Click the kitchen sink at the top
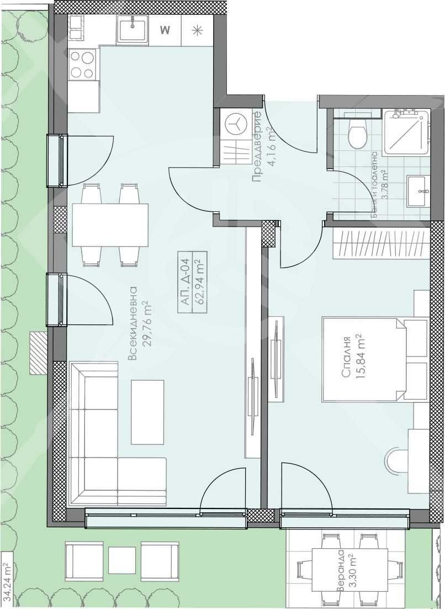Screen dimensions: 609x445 pyautogui.click(x=132, y=29)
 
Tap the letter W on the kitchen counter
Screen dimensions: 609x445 pyautogui.click(x=164, y=30)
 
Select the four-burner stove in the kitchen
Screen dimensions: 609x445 pyautogui.click(x=82, y=65)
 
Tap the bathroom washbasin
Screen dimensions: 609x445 pyautogui.click(x=417, y=191)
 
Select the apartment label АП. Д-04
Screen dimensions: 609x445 pyautogui.click(x=185, y=282)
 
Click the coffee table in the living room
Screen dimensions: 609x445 pyautogui.click(x=147, y=412)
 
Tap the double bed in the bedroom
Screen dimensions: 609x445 pyautogui.click(x=375, y=359)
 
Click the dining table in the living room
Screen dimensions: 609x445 pyautogui.click(x=110, y=225)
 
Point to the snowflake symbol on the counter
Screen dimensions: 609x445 pyautogui.click(x=197, y=30)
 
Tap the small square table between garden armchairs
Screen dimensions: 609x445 pyautogui.click(x=122, y=560)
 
